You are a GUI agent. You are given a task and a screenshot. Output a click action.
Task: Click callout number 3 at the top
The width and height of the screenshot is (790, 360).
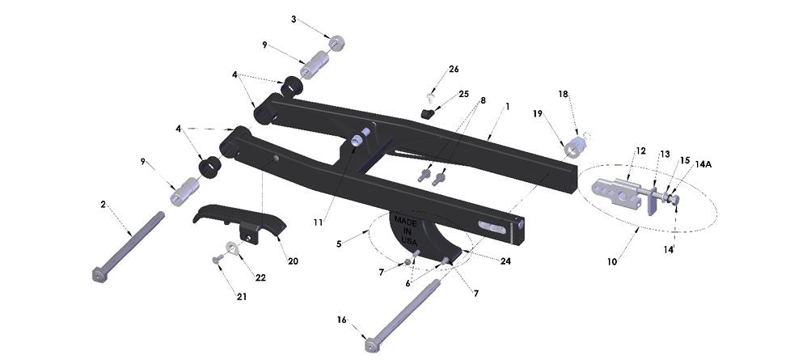pyautogui.click(x=294, y=18)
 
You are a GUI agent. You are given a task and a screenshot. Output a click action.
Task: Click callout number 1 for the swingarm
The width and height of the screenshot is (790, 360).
pyautogui.click(x=507, y=106)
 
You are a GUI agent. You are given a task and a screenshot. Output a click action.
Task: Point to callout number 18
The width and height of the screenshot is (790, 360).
pyautogui.click(x=564, y=95)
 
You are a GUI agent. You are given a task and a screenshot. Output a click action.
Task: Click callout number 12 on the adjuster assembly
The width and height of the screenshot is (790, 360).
pyautogui.click(x=640, y=151)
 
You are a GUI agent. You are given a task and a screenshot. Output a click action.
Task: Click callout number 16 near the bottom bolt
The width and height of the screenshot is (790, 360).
pyautogui.click(x=341, y=320)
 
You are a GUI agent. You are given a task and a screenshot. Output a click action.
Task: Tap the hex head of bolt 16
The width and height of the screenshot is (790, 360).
pyautogui.click(x=371, y=347)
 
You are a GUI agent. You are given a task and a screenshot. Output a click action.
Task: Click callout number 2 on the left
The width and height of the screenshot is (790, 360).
pyautogui.click(x=103, y=205)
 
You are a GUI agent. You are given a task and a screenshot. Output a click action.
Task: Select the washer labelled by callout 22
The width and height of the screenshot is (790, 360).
pyautogui.click(x=232, y=248)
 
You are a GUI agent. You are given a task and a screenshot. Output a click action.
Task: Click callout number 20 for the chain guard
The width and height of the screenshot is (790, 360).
pyautogui.click(x=292, y=261)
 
